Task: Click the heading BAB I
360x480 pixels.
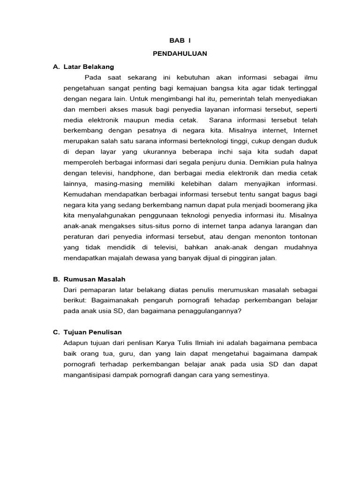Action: click(180, 42)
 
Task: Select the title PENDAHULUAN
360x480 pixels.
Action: click(180, 54)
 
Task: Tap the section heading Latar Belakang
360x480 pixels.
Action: click(89, 67)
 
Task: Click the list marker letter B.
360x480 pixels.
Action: click(55, 279)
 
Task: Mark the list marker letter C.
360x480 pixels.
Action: click(55, 332)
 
